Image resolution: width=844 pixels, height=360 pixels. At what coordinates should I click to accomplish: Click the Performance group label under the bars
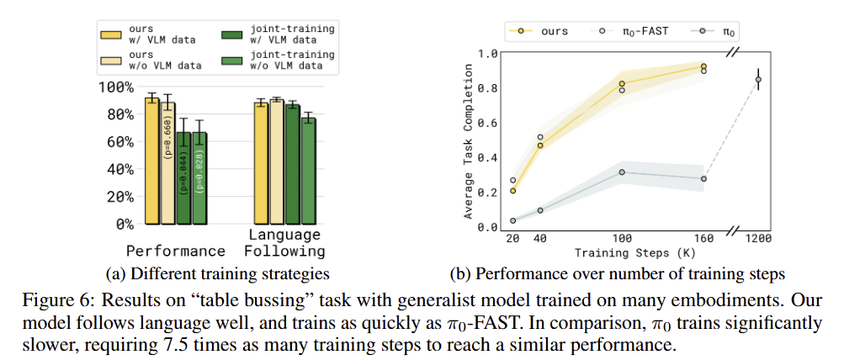(x=176, y=251)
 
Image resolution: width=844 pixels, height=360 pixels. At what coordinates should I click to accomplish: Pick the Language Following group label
(x=284, y=243)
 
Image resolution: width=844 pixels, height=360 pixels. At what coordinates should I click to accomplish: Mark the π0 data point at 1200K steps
(x=758, y=80)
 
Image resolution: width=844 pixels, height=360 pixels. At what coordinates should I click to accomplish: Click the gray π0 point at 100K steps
(x=622, y=172)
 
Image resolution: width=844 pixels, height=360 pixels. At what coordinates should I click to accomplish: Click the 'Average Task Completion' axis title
(x=468, y=139)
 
